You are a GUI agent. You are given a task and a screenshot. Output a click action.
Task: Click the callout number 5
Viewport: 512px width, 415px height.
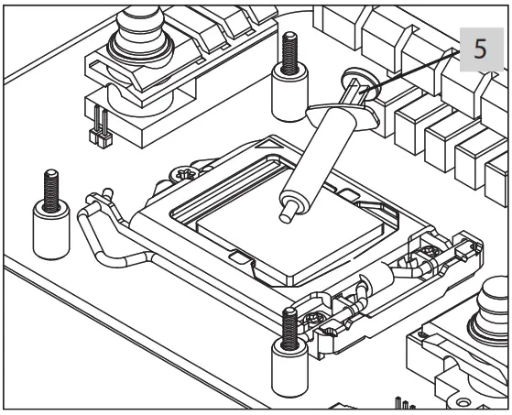point(480,50)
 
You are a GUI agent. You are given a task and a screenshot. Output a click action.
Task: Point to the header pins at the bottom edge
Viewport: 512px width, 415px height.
point(404,402)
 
